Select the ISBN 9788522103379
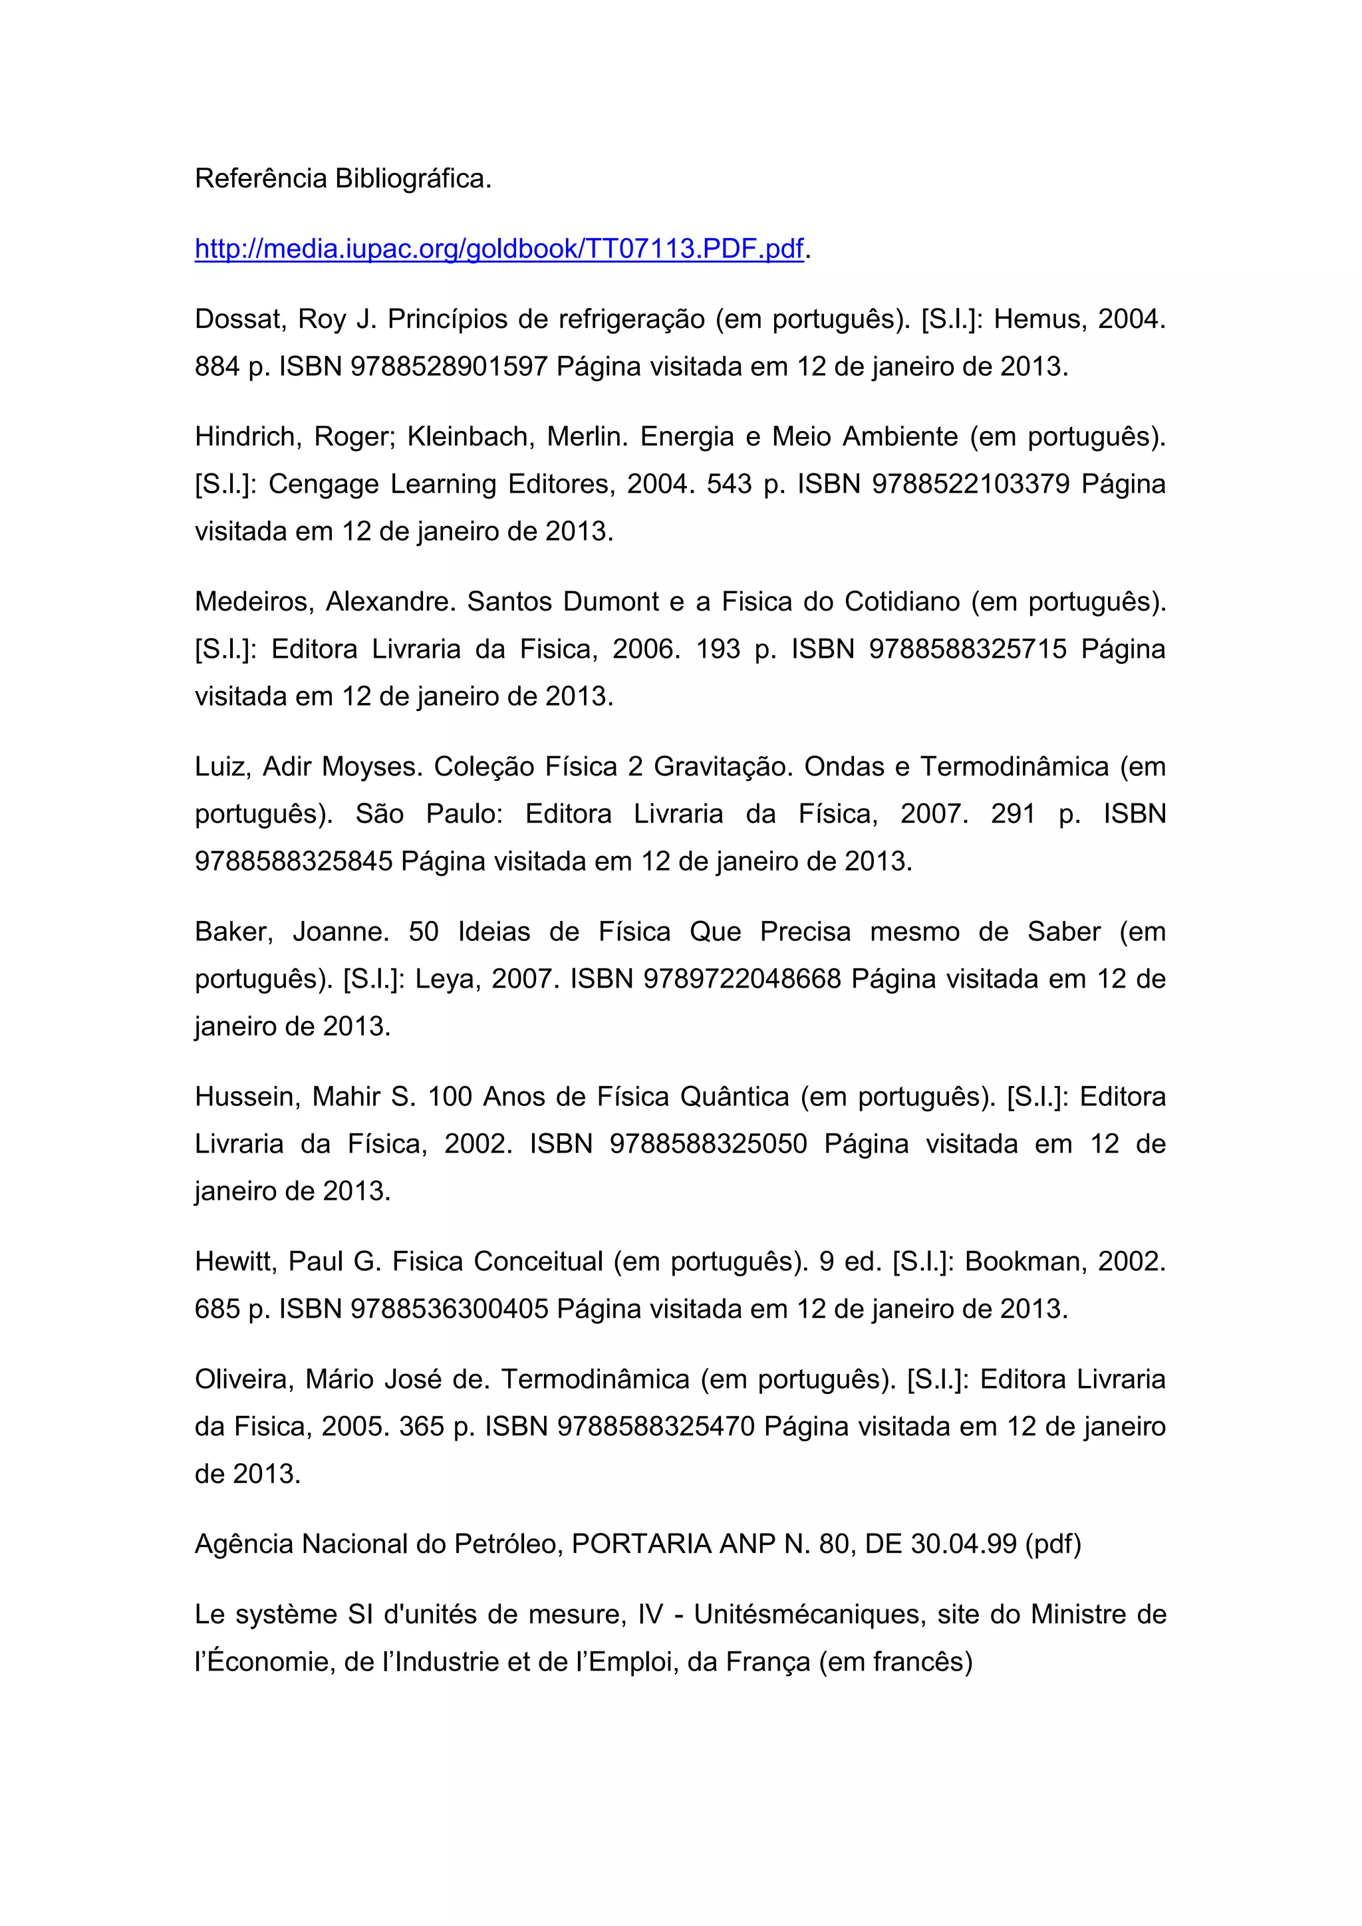[x=971, y=484]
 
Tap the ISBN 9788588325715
[x=968, y=649]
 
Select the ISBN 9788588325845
[x=293, y=861]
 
